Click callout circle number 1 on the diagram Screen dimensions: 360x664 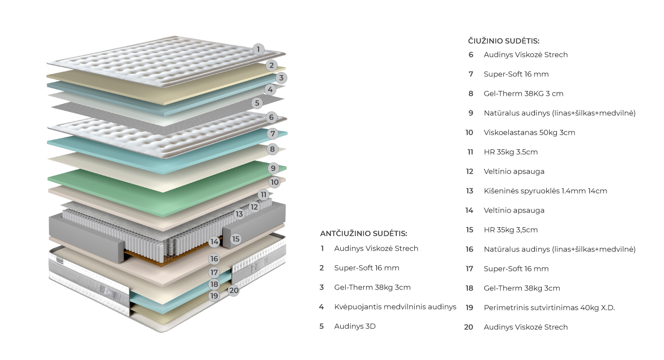pos(258,49)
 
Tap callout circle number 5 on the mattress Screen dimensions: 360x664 pos(258,103)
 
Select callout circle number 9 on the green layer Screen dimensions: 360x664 pos(273,168)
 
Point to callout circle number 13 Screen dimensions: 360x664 pos(239,214)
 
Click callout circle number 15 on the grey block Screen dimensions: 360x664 pos(236,239)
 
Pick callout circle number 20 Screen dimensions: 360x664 pos(234,290)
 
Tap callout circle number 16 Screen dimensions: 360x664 pos(214,259)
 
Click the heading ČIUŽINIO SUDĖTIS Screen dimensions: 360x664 pos(504,41)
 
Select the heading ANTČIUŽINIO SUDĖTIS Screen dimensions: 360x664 pos(364,234)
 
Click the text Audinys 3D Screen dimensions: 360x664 pos(354,326)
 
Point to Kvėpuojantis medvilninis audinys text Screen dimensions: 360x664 pos(395,307)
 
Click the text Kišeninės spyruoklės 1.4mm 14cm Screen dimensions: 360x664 pos(545,191)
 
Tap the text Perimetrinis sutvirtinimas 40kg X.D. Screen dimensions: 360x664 pos(549,307)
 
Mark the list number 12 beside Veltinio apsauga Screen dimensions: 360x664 pos(469,171)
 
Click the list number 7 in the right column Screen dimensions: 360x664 pos(471,74)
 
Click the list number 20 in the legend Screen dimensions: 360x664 pos(469,327)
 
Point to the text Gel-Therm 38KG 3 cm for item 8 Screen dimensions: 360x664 pos(523,93)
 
